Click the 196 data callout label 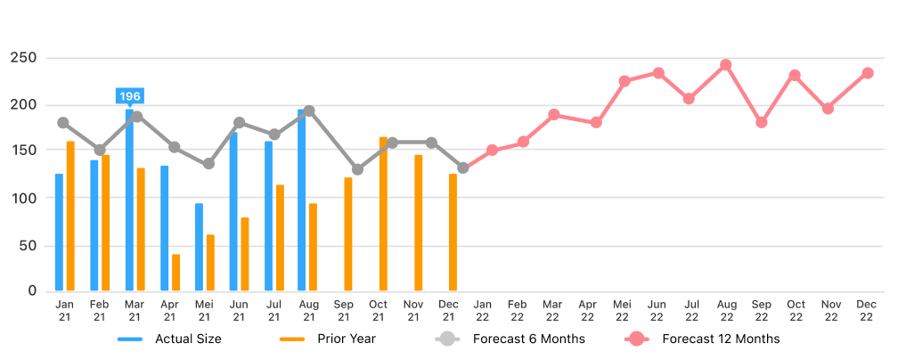[130, 96]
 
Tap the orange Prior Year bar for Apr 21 [175, 273]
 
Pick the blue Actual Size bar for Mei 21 [199, 247]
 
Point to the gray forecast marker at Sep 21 [357, 169]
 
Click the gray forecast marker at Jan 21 [62, 123]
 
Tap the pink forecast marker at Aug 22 [726, 65]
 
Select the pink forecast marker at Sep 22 [761, 122]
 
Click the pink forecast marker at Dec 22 [867, 73]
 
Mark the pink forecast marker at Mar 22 [553, 115]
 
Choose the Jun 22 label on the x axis [657, 310]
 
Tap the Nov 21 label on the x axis [413, 310]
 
